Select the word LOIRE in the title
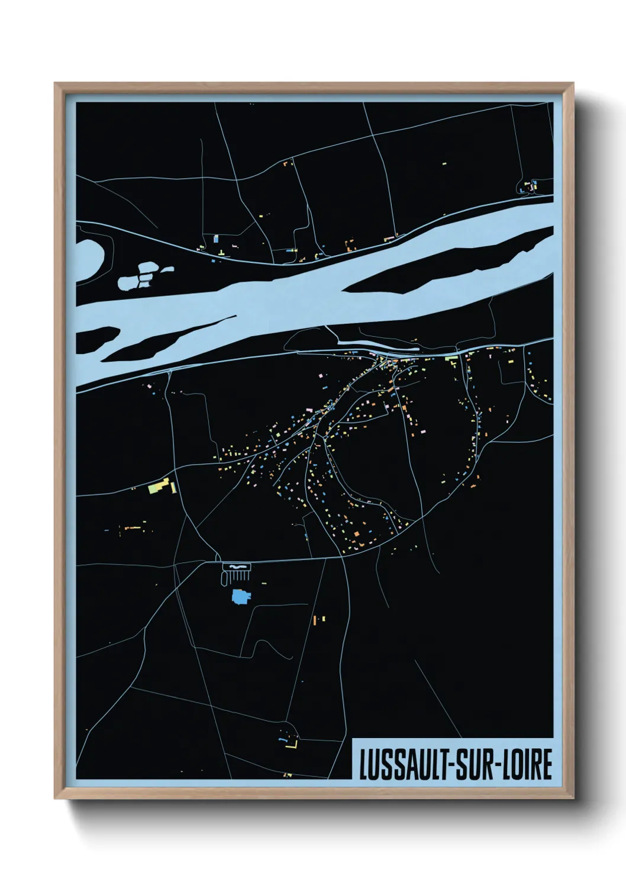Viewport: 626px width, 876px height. (528, 765)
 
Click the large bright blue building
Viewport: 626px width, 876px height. (240, 596)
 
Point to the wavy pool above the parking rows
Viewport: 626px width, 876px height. (237, 567)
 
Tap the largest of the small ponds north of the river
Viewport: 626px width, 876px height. (128, 282)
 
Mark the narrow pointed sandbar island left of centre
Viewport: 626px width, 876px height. (166, 339)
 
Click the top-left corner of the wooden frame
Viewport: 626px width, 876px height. (56, 84)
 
